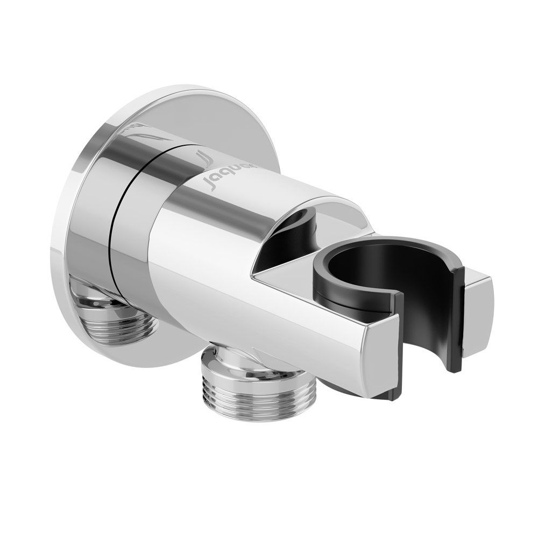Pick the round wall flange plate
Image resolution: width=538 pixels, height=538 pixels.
81,215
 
